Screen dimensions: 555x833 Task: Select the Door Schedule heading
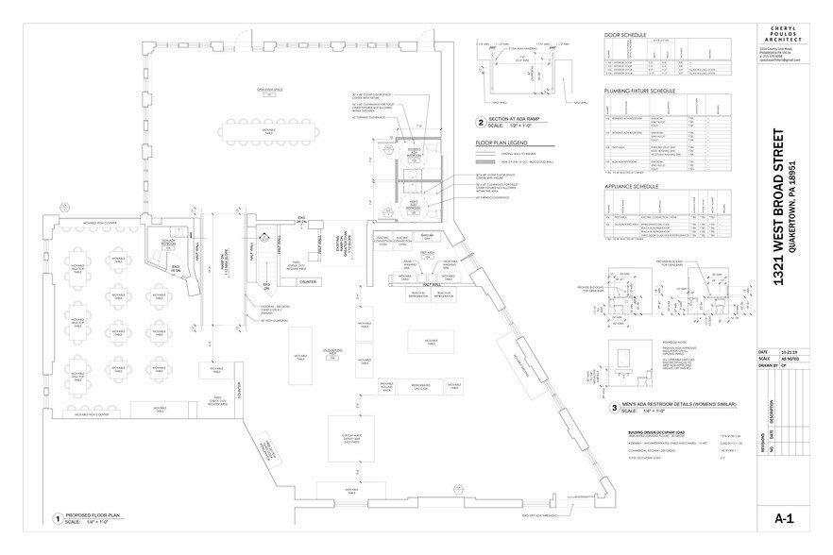(625, 36)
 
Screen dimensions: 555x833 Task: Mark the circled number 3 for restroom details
(615, 408)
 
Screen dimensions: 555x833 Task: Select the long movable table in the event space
(267, 126)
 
